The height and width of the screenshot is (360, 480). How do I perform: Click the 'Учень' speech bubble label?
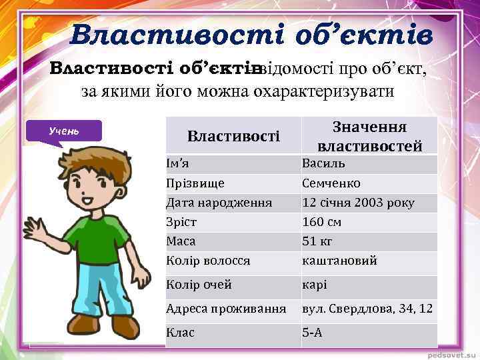click(64, 130)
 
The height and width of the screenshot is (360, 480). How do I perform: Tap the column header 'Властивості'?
click(233, 137)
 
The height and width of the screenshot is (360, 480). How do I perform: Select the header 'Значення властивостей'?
click(369, 136)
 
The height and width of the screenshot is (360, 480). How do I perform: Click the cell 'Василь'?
click(323, 163)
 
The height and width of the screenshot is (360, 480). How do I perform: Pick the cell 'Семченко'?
click(331, 183)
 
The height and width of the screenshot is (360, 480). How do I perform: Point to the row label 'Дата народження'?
click(219, 203)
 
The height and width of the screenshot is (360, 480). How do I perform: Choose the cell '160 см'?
click(321, 222)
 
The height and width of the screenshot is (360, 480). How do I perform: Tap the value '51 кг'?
click(317, 241)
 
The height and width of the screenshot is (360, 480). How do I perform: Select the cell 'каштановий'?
click(339, 261)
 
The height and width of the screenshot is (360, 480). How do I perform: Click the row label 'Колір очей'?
click(199, 285)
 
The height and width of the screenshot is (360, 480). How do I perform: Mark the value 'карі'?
click(315, 285)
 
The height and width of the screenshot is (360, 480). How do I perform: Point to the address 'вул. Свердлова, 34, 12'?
click(367, 309)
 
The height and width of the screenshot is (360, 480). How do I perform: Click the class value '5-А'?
click(312, 332)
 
